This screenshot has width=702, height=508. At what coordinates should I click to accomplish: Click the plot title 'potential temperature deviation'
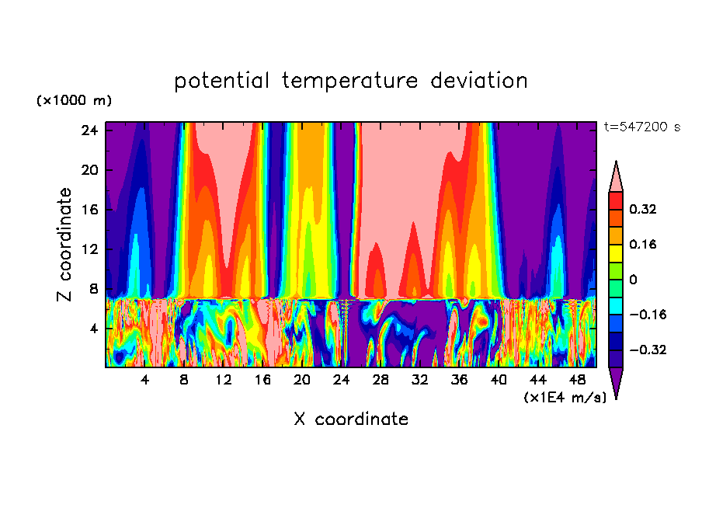(350, 81)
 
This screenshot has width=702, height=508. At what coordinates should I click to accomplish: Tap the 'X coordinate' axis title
(350, 419)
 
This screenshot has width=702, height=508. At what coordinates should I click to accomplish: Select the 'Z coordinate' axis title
(66, 244)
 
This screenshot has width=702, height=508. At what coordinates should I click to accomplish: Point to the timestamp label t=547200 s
(641, 127)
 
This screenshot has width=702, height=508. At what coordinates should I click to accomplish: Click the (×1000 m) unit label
(74, 101)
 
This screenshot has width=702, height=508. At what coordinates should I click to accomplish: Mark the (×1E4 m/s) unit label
(565, 398)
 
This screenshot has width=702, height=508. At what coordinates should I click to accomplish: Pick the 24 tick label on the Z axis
(89, 130)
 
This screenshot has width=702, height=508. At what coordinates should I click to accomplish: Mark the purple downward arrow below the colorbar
(616, 382)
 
